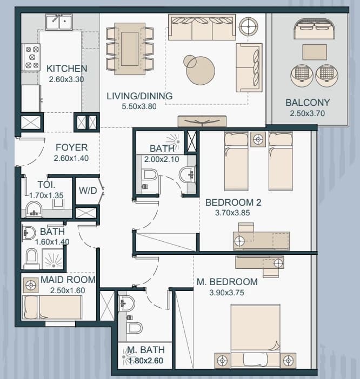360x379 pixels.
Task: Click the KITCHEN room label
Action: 67,69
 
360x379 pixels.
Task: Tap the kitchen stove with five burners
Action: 31,57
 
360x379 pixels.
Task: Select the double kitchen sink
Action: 59,22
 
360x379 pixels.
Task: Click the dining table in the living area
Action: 130,49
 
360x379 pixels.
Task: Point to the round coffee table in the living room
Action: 200,70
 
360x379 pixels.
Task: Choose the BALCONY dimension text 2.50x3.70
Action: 307,113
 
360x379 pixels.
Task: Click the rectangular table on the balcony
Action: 315,52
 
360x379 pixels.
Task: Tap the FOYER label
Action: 71,147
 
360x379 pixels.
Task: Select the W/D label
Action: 88,191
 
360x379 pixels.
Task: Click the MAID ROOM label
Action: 68,280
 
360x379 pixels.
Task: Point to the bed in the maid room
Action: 52,307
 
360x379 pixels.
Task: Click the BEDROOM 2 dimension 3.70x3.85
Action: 232,213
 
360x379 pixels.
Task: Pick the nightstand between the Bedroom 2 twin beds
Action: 258,139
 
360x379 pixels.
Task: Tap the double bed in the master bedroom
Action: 255,336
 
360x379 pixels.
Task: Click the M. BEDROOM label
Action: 227,282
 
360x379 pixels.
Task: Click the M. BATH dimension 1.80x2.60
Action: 145,361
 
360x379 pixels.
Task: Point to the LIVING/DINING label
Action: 139,96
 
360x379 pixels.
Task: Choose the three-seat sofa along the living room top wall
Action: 202,27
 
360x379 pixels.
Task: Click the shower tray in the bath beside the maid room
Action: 53,259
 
